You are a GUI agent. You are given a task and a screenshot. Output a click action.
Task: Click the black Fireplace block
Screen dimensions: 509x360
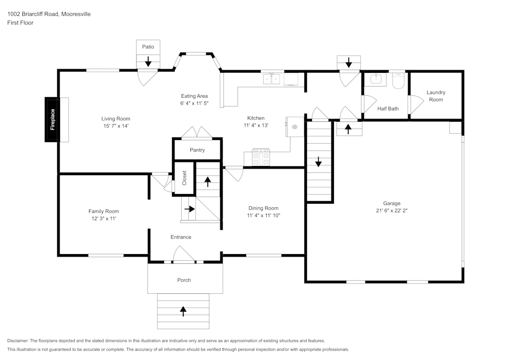(52, 120)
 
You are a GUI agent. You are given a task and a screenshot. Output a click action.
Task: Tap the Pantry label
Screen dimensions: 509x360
(197, 150)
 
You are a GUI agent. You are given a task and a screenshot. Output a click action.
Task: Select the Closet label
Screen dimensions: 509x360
(184, 178)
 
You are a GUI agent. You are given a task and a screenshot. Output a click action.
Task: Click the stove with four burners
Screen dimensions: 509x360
(261, 157)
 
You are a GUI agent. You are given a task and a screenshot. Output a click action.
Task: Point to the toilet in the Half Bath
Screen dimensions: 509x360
(398, 81)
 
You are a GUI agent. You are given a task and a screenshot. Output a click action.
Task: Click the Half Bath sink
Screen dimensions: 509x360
(376, 79)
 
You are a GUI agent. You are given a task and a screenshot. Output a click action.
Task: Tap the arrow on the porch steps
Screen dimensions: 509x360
(183, 311)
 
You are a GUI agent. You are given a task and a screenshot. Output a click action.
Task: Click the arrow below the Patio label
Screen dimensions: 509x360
(148, 61)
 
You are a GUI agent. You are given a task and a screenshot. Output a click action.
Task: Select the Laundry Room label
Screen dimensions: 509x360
(436, 96)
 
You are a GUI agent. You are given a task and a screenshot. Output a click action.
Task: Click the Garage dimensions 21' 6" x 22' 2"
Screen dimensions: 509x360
(392, 210)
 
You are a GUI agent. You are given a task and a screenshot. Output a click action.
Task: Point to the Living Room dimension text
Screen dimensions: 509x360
(116, 126)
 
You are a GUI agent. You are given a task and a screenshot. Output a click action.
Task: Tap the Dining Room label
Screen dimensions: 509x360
(263, 208)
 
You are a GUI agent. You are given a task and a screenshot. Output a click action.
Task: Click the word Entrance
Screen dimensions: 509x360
(181, 237)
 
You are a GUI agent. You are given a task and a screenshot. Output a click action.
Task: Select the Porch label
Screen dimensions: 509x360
(184, 280)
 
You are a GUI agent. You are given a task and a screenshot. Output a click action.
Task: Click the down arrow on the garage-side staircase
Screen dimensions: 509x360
(319, 161)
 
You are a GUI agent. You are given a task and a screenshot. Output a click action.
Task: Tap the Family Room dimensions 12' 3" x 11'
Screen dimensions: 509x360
(104, 218)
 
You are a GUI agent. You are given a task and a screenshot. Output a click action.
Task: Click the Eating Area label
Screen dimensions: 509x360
(194, 96)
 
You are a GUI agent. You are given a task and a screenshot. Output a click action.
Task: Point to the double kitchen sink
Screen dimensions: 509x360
(271, 79)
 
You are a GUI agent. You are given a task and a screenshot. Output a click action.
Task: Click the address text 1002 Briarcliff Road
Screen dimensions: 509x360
(33, 14)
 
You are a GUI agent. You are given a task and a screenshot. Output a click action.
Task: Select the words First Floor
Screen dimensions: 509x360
(20, 23)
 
